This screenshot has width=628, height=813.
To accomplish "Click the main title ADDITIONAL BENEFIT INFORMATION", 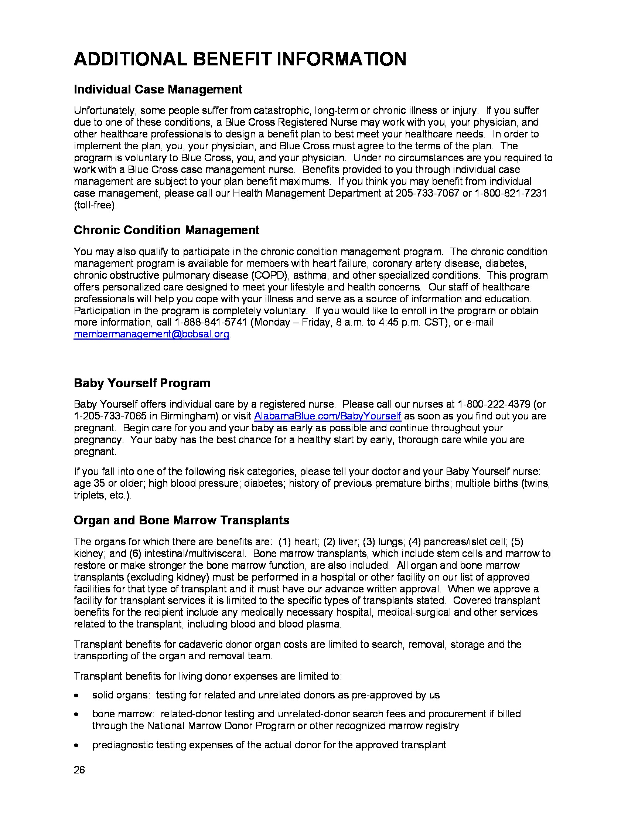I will pos(240,59).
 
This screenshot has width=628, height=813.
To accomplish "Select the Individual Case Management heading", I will pos(158,89).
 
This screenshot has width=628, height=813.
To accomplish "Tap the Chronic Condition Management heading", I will pos(166,230).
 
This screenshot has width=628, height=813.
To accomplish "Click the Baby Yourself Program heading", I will pos(142,383).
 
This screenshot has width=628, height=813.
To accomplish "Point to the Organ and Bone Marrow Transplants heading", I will pos(181,520).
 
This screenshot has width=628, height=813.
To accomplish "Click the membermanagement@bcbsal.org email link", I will pos(151,334).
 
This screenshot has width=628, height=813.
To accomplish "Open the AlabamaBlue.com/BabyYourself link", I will pos(327,416).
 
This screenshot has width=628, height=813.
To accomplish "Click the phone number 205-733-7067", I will pos(427,194).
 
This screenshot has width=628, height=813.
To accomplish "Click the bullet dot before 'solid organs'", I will pos(76,695).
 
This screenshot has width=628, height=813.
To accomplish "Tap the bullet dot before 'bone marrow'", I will pos(76,714).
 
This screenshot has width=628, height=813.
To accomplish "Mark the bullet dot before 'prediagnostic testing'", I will pos(76,745).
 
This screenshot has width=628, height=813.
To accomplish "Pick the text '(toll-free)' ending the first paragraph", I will pos(95,205).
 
